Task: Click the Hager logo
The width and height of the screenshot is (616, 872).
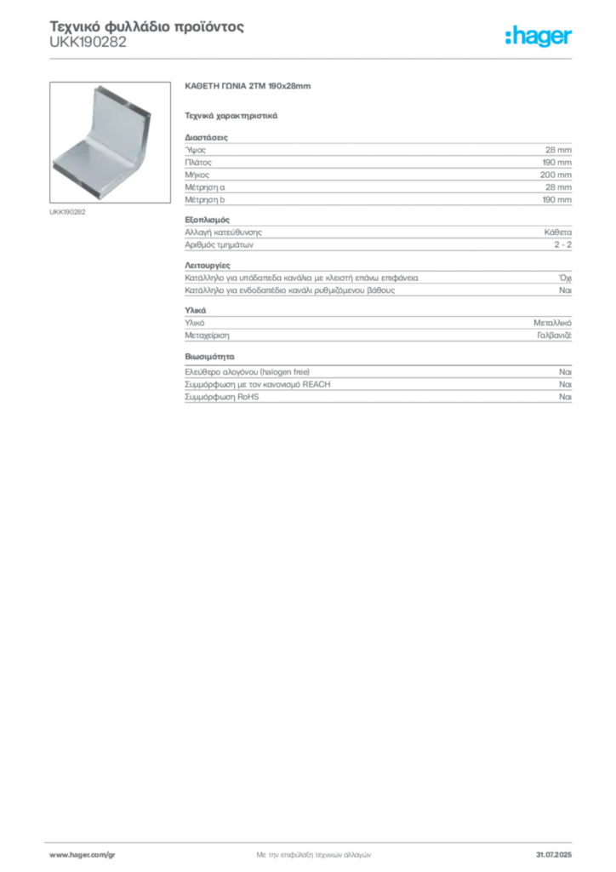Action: point(539,36)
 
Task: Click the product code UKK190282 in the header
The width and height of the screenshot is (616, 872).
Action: point(88,43)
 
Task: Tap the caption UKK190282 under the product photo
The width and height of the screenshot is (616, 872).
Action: point(67,212)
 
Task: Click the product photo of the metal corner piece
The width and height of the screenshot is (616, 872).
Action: point(110,142)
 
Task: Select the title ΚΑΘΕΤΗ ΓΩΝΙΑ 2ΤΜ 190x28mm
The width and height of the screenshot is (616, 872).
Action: point(248,86)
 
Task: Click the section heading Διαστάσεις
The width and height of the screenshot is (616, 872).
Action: point(206,137)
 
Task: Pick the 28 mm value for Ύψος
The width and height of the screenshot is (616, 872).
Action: point(558,150)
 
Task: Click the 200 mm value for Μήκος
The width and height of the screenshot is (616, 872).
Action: point(556,175)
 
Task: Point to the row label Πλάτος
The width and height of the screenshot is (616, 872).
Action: point(198,163)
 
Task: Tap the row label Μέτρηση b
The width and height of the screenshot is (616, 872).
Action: point(205,199)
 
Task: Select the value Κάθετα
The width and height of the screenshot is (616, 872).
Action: point(557,232)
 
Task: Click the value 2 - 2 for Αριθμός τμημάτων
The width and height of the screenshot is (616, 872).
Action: point(562,244)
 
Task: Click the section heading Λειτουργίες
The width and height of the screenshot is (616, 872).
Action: point(208,266)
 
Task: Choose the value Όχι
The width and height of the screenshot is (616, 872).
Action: point(565,278)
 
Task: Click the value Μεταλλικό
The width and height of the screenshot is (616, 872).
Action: point(553,323)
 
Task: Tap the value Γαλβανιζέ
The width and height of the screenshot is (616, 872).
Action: point(555,336)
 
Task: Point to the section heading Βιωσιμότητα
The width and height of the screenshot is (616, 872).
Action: point(209,357)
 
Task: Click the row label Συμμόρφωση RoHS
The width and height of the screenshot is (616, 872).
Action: point(221,397)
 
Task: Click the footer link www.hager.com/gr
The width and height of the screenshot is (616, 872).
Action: point(83,855)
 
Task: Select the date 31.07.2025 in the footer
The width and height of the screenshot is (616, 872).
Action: point(554,855)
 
